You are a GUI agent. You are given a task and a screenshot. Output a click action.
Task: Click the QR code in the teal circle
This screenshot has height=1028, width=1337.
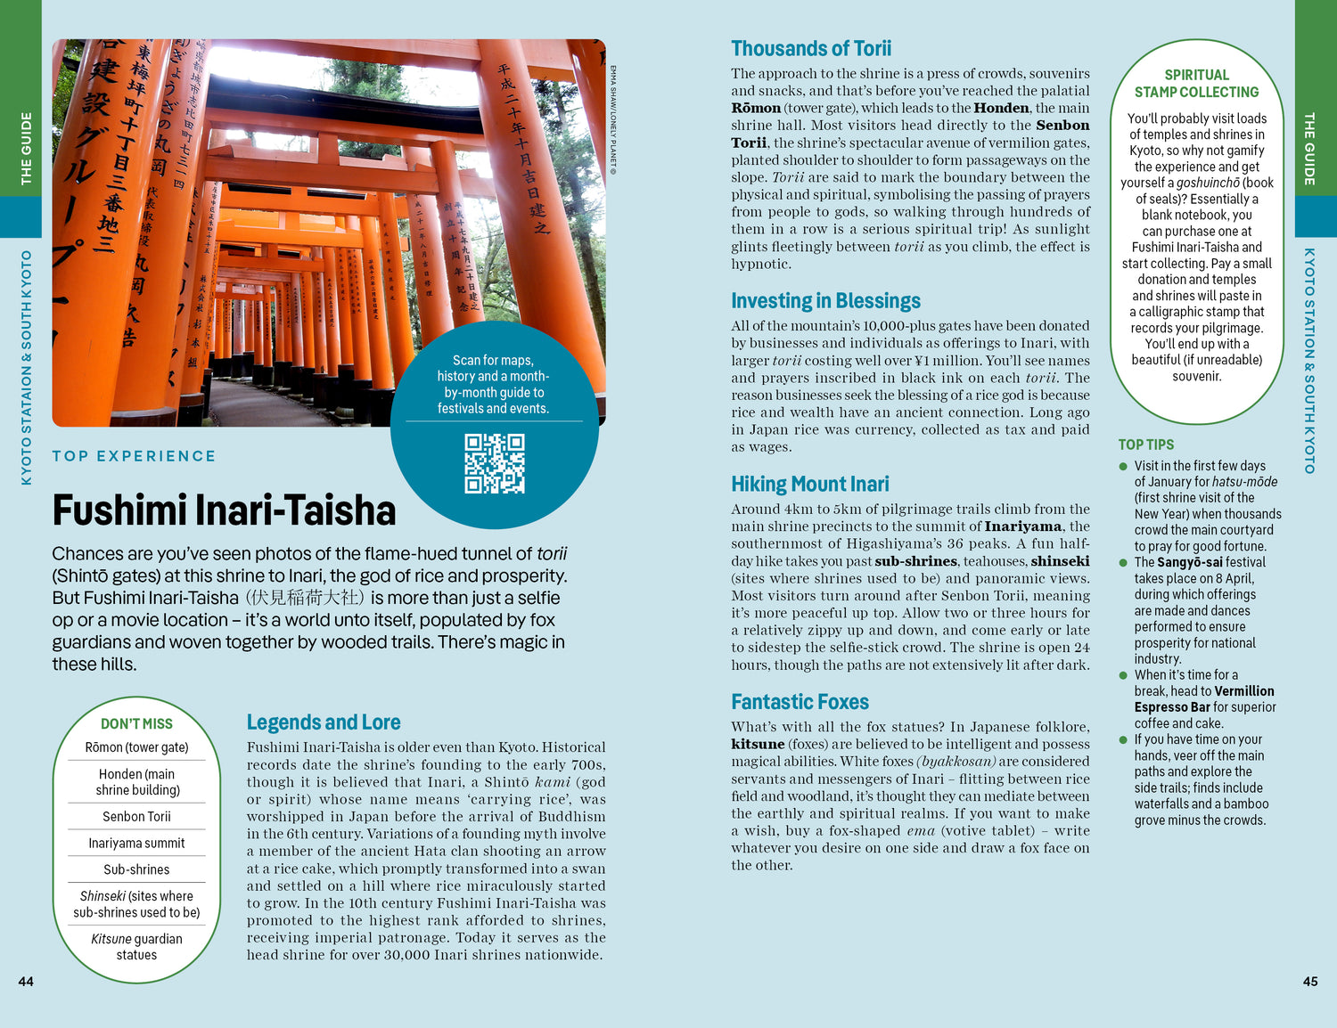point(495,463)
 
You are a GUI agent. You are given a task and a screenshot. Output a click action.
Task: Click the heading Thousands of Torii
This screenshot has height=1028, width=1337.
point(810,49)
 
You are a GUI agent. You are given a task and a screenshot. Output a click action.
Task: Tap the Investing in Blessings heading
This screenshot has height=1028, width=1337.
point(825,301)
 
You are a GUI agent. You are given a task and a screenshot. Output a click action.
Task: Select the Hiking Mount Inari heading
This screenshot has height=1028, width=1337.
point(809,485)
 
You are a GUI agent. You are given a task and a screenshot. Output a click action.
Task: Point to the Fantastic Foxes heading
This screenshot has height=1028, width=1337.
point(800,702)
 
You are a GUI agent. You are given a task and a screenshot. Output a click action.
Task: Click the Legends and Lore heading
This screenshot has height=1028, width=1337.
point(323,722)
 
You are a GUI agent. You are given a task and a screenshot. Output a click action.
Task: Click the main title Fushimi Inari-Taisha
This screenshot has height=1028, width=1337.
point(224,511)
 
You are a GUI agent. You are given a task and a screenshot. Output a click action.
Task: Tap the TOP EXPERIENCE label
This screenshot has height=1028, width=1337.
point(134,456)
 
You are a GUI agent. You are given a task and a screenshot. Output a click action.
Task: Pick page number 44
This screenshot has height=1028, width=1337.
point(26,982)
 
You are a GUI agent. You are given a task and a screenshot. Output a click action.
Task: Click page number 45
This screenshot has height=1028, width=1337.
point(1309,982)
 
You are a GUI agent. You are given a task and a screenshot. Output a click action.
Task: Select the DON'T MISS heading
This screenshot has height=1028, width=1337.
point(136,724)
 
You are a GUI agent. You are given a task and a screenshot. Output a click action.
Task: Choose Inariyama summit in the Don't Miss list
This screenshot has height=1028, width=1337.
point(136,843)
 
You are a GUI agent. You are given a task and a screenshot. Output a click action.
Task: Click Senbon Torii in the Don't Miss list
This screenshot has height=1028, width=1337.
point(136,816)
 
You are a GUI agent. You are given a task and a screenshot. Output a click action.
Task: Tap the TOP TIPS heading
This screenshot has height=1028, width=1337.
point(1145,445)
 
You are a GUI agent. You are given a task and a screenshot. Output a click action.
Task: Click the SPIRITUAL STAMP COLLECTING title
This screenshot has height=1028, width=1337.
point(1196,84)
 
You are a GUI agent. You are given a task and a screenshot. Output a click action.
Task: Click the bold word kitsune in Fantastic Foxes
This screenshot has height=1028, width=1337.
point(758,745)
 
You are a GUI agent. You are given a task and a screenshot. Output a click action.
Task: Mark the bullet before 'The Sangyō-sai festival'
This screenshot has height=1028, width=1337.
point(1123,563)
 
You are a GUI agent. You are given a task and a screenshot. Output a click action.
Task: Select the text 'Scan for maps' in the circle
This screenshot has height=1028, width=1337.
point(493,360)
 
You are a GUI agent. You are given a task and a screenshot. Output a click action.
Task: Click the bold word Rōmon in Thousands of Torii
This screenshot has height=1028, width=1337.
point(756,109)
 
